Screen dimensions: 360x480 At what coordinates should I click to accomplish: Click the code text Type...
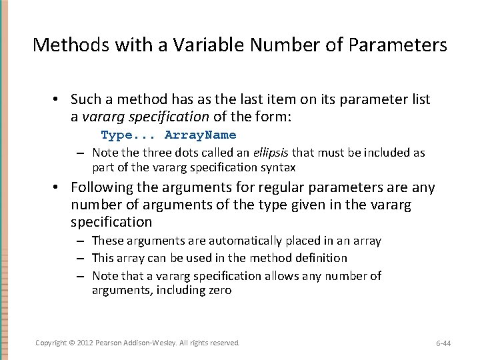click(x=117, y=135)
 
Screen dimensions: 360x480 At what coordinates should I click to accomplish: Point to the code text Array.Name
click(x=200, y=135)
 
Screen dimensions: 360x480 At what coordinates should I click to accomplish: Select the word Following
click(x=102, y=188)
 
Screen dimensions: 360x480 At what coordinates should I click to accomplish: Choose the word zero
click(x=219, y=290)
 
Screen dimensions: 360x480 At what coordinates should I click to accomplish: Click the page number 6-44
click(x=443, y=343)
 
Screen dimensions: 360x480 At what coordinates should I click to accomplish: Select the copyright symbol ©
click(x=72, y=343)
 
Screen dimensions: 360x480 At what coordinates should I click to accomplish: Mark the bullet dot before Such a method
click(x=58, y=100)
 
